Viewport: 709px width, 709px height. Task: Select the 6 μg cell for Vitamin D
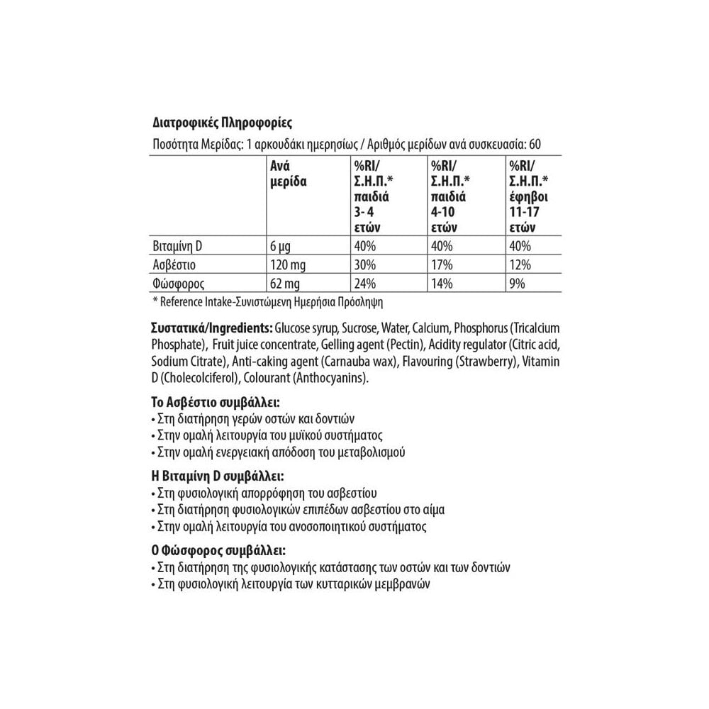[x=283, y=246]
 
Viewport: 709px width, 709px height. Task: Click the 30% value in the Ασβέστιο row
[x=364, y=265]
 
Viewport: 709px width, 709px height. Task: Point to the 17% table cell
[x=442, y=265]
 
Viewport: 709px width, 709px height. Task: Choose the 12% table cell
[x=520, y=265]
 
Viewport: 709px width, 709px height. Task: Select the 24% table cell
[x=364, y=284]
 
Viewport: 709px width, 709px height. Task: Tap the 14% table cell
[x=442, y=284]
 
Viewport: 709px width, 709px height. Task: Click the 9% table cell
[x=517, y=284]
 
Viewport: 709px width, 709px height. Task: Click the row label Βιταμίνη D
[x=178, y=246]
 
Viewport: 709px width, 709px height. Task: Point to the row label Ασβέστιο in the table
[x=174, y=265]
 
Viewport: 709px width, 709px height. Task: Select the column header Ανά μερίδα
[x=288, y=173]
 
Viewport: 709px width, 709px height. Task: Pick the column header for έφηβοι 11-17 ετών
[x=528, y=196]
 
